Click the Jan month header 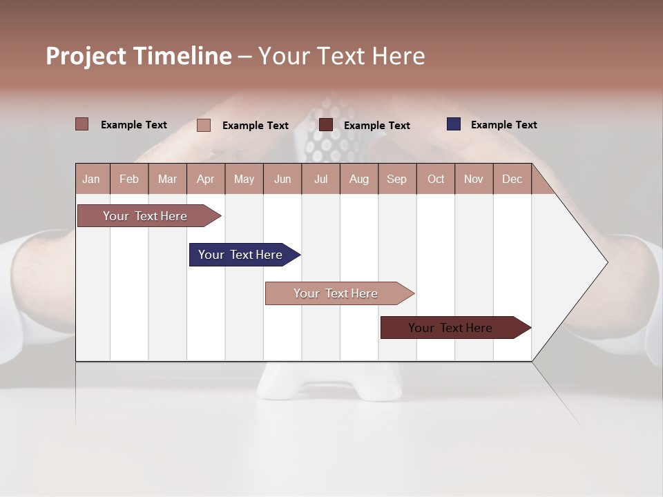tap(91, 179)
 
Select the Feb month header tap(129, 179)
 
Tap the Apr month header tap(206, 179)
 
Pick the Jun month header tap(282, 179)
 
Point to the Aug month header tap(359, 179)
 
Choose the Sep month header tap(397, 179)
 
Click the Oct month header tap(436, 179)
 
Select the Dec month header tap(512, 179)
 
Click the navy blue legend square tap(454, 124)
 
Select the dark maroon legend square tap(326, 125)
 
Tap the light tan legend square tap(204, 125)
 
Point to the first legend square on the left tap(82, 124)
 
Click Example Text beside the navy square tap(503, 125)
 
